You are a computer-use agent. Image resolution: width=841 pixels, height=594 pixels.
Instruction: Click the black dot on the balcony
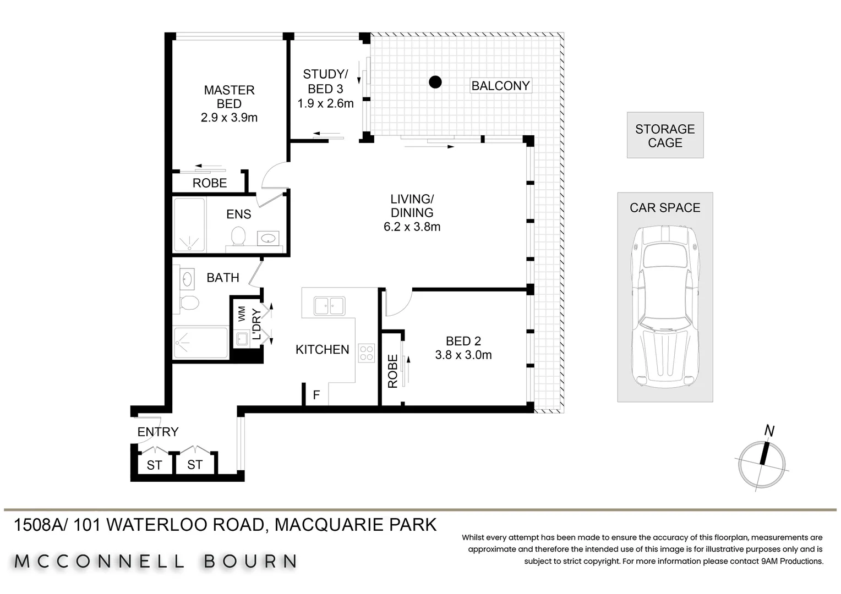click(435, 82)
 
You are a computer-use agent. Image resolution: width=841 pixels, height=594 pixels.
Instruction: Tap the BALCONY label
click(500, 86)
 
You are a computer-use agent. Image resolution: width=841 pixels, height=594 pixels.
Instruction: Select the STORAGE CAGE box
click(665, 135)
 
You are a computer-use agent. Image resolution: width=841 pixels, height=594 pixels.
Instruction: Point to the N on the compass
click(769, 431)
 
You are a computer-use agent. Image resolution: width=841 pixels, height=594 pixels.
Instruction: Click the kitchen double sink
click(329, 305)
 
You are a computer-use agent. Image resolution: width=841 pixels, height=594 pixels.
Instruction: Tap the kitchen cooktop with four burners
click(367, 353)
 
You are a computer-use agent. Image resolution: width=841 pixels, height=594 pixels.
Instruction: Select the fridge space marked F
click(316, 395)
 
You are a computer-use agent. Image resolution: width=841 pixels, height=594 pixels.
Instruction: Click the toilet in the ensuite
click(238, 238)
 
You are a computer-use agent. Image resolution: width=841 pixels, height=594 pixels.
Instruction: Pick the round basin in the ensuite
click(269, 238)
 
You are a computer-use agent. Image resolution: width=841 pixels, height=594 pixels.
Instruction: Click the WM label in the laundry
click(242, 314)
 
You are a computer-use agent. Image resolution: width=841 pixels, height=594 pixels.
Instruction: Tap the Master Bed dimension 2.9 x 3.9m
click(229, 117)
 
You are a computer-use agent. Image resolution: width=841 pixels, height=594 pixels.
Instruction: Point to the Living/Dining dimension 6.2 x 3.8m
click(412, 227)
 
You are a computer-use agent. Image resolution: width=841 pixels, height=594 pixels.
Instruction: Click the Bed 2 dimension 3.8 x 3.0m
click(463, 355)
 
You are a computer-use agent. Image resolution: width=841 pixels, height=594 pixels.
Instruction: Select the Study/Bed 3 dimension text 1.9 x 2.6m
click(325, 103)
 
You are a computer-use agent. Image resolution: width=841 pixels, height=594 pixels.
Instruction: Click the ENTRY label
click(158, 432)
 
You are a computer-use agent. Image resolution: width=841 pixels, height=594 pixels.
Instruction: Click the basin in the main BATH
click(187, 279)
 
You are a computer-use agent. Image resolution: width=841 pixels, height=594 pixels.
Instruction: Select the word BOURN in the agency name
click(250, 562)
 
